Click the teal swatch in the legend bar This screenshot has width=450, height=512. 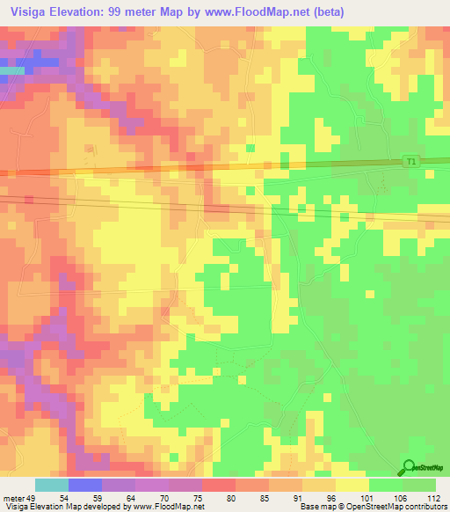52,485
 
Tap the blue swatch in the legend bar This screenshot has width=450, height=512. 85,485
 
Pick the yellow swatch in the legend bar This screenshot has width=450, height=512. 352,485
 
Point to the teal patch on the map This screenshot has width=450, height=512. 11,69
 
